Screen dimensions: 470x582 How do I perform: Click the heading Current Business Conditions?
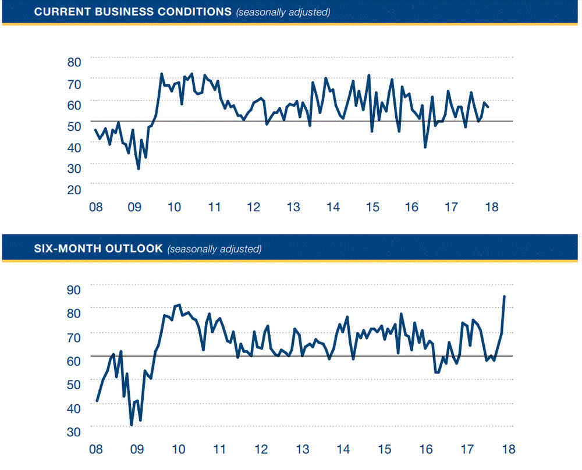coord(133,12)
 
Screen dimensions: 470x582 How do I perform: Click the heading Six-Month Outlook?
coord(98,249)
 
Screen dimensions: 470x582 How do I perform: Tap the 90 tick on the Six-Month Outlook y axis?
coord(74,288)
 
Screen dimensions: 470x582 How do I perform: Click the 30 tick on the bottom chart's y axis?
coord(74,432)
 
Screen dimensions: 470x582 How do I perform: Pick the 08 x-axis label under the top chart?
coord(97,207)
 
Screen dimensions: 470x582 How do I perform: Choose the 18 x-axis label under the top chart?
coord(492,207)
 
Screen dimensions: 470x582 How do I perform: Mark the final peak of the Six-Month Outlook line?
coord(504,296)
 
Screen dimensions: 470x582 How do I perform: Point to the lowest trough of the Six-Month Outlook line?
coord(132,425)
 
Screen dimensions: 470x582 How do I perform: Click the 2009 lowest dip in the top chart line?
coord(139,169)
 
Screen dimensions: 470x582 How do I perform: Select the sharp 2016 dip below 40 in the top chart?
coord(425,147)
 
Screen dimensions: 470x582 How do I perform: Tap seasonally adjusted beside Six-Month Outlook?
coord(214,250)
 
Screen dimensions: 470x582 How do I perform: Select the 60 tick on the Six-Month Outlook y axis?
coord(74,360)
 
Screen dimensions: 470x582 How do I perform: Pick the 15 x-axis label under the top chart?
coord(372,207)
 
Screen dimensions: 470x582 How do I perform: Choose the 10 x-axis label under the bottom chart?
coord(178,450)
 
